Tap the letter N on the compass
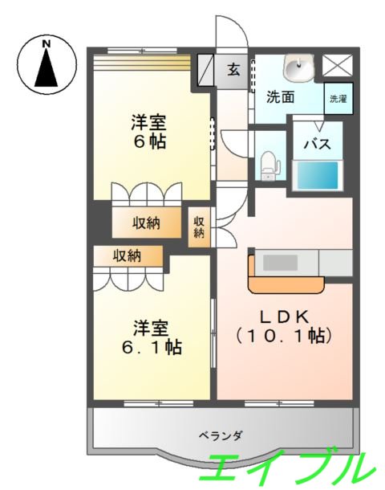(47, 42)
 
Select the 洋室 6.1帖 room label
(152, 337)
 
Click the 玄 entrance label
(233, 69)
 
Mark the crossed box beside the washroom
(337, 65)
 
